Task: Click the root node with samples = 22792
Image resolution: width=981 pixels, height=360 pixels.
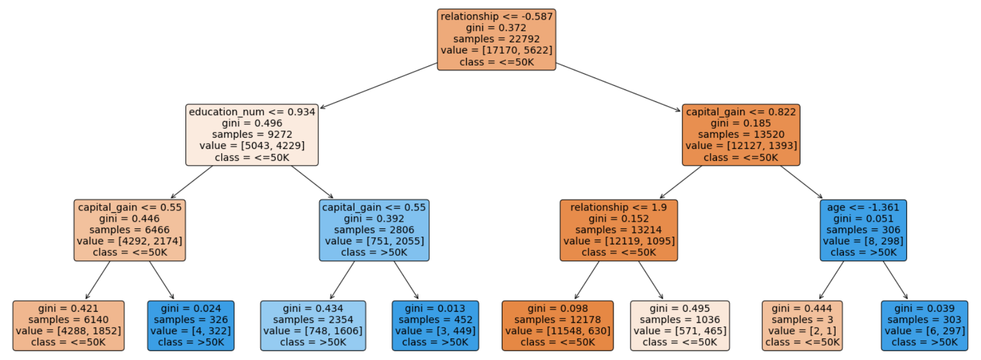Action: point(496,39)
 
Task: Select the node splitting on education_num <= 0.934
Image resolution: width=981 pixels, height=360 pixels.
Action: point(252,135)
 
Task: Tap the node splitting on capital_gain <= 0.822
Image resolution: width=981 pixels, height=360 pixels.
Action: point(741,135)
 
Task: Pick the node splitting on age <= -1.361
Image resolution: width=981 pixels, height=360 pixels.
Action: point(863,230)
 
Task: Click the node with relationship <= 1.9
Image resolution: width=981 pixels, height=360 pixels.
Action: point(619,230)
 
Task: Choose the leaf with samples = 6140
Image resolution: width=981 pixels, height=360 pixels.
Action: point(69,325)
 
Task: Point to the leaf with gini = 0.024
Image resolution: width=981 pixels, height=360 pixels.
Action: point(191,325)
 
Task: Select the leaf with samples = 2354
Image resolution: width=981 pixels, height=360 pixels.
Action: point(313,325)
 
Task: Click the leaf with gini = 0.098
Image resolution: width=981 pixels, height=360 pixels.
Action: point(557,325)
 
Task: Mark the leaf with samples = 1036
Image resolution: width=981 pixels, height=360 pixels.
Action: point(679,325)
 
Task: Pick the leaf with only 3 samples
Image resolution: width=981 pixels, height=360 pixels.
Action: point(802,325)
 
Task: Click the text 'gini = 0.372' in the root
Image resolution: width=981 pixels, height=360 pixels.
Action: point(496,28)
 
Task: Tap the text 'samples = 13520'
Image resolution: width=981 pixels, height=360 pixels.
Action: point(741,135)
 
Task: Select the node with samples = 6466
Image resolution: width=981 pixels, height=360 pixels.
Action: point(130,230)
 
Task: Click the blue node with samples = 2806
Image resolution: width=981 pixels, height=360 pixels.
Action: point(374,230)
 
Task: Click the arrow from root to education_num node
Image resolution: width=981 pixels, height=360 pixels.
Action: point(378,85)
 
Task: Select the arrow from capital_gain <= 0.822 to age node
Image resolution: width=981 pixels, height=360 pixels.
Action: point(802,182)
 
